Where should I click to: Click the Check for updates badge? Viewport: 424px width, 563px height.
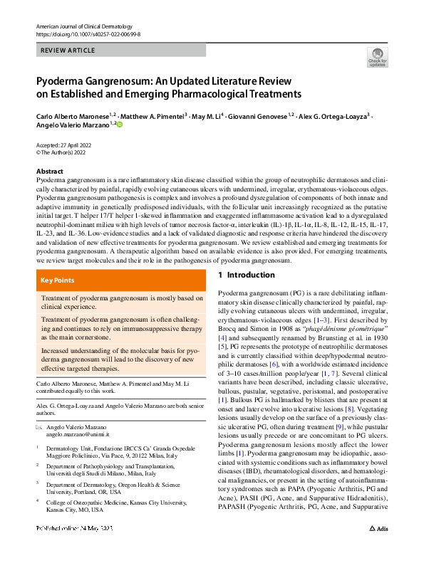click(x=377, y=58)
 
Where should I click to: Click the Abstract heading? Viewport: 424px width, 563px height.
click(x=50, y=172)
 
